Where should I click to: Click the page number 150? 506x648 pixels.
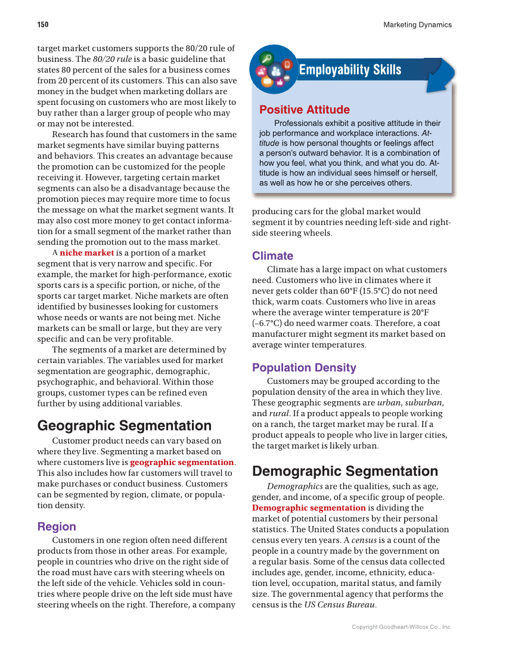click(x=42, y=25)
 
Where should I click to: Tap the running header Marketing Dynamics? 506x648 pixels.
click(x=417, y=25)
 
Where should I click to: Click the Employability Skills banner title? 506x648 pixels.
click(x=350, y=70)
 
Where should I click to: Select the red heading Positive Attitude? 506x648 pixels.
click(x=304, y=110)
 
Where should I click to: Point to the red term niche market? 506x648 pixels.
click(x=86, y=253)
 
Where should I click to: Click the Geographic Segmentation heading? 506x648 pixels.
click(x=124, y=426)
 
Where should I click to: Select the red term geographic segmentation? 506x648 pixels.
click(x=182, y=462)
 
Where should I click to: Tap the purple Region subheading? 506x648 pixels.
click(x=57, y=526)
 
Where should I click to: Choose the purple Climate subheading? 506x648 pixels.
click(x=272, y=256)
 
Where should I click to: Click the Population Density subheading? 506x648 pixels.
click(x=304, y=367)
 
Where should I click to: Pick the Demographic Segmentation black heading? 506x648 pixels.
click(x=345, y=471)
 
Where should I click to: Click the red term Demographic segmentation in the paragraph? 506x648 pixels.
click(x=309, y=508)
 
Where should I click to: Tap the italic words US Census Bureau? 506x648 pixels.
click(x=340, y=604)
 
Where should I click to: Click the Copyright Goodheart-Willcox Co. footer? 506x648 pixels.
click(x=401, y=627)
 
